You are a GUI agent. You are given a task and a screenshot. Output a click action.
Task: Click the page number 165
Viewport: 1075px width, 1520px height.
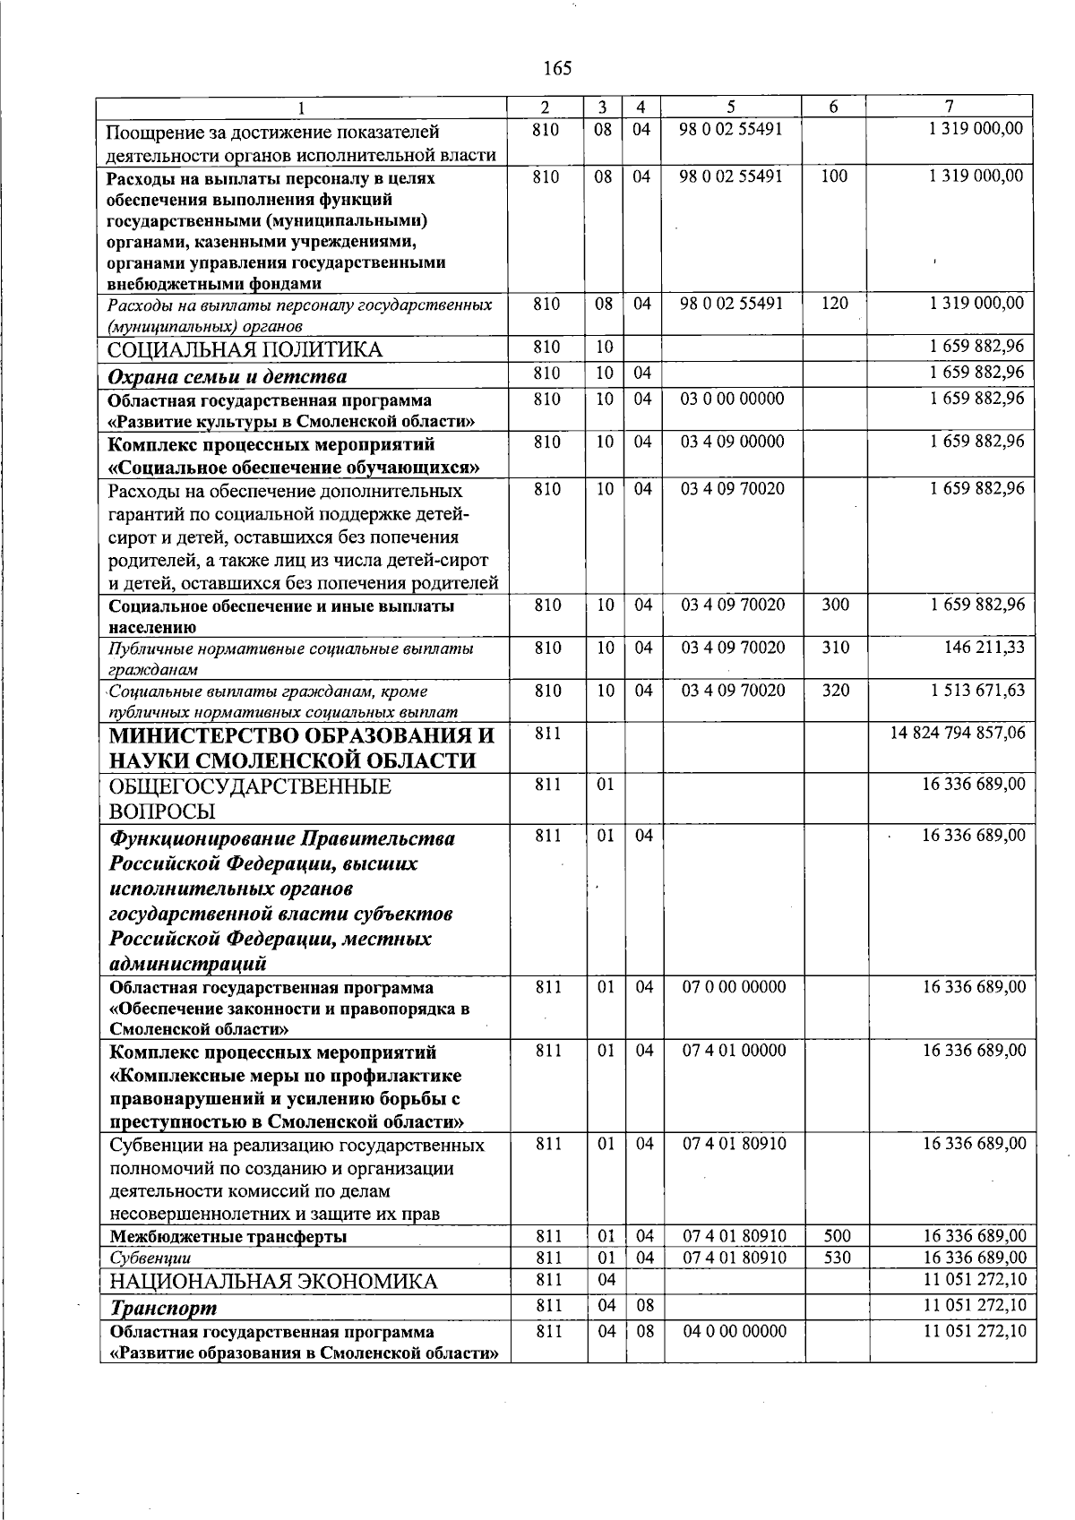(556, 68)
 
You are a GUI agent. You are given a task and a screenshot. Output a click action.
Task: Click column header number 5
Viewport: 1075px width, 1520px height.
(731, 106)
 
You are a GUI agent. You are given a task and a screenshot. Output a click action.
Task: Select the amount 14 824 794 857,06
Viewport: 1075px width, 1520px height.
(957, 734)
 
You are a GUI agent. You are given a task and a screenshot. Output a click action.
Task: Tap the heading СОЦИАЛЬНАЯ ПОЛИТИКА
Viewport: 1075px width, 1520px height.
(245, 349)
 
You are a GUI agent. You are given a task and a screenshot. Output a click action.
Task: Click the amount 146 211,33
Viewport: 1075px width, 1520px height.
(984, 647)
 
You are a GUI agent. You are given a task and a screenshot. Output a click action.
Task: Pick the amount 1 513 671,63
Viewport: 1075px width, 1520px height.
(976, 690)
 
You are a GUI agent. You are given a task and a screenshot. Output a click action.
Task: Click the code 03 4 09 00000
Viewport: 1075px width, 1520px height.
(732, 442)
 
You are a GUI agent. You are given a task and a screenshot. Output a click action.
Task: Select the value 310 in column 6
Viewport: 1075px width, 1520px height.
(835, 647)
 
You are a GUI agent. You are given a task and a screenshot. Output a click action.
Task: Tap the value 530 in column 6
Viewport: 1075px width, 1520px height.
(837, 1258)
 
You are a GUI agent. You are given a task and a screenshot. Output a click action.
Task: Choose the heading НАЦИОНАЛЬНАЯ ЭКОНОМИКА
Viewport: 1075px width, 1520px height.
(273, 1282)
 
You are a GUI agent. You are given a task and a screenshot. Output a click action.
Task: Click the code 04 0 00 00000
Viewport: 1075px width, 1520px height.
(734, 1331)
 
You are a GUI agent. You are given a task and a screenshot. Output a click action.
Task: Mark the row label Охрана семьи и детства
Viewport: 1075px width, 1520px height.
(228, 376)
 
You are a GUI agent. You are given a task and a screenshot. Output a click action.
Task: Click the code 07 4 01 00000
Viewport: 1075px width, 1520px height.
(734, 1050)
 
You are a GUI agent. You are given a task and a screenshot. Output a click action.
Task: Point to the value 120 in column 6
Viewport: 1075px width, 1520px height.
(834, 304)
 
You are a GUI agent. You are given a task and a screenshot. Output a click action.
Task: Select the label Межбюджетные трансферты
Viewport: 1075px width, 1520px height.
(228, 1237)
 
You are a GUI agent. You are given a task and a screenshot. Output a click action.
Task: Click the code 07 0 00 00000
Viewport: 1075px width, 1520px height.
(734, 987)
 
